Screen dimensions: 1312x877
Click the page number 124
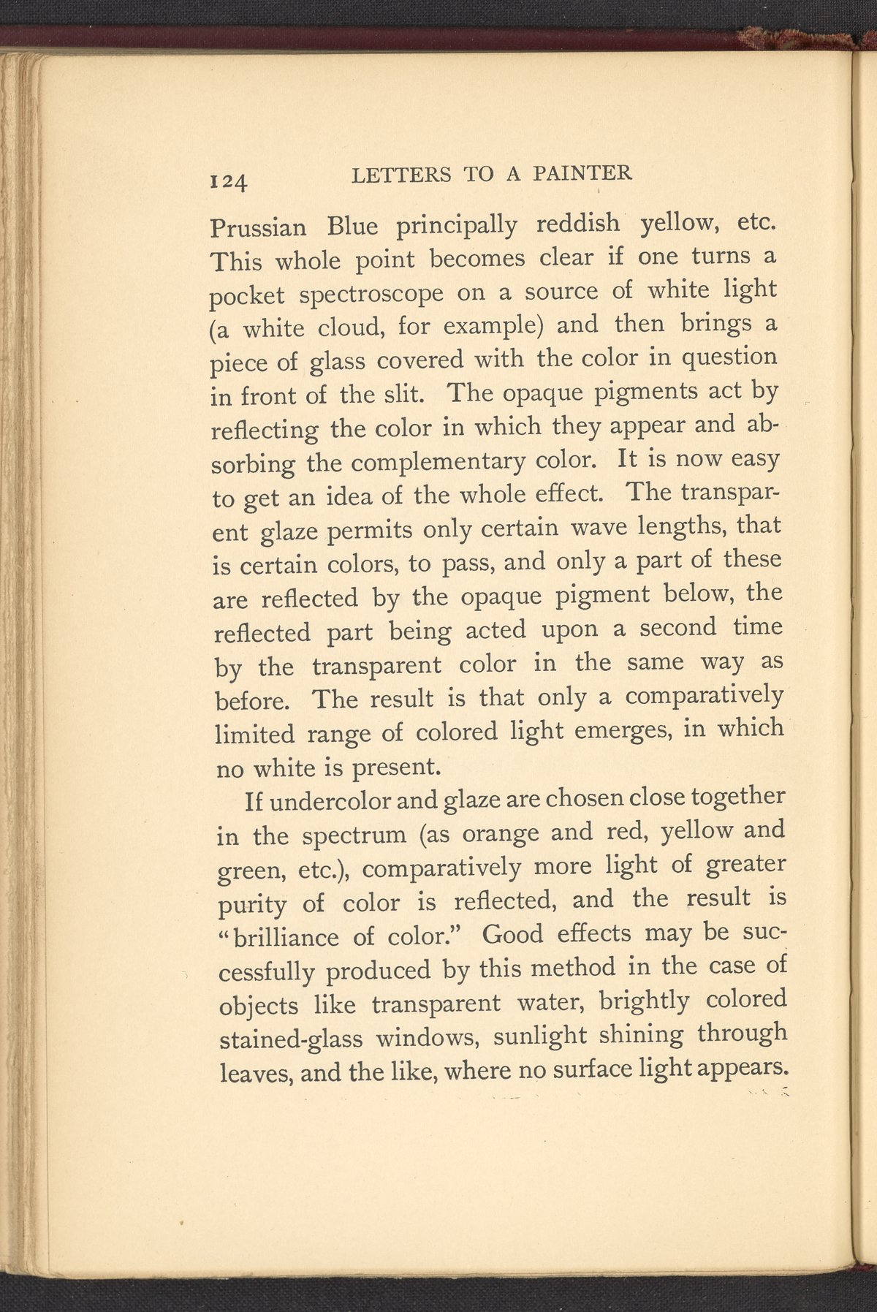(x=229, y=181)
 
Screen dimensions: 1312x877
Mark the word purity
(x=252, y=904)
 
